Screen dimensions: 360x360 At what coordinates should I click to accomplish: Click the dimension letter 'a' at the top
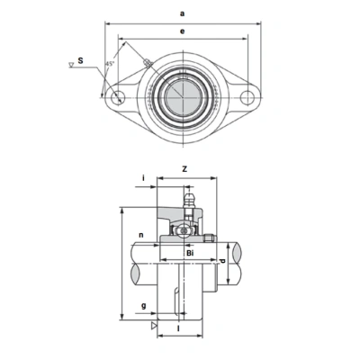pos(184,14)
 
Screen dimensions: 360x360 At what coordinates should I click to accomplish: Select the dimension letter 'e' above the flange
pos(184,31)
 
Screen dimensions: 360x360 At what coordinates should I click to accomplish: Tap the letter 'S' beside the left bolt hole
pos(81,61)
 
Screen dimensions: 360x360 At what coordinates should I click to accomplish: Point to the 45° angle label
pos(109,65)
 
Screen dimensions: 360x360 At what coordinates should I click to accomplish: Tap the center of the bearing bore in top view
pos(184,96)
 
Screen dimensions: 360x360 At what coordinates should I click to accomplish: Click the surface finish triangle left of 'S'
pos(71,65)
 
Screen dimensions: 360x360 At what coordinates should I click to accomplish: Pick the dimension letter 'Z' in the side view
pos(184,168)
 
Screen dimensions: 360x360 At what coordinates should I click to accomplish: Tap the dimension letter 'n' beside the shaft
pos(142,238)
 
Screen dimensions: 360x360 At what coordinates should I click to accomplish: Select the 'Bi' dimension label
pos(190,254)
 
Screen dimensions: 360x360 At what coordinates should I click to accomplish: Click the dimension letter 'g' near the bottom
pos(144,306)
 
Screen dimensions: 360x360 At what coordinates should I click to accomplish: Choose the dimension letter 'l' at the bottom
pos(178,330)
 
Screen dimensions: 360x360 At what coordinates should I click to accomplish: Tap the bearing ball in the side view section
pos(183,231)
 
